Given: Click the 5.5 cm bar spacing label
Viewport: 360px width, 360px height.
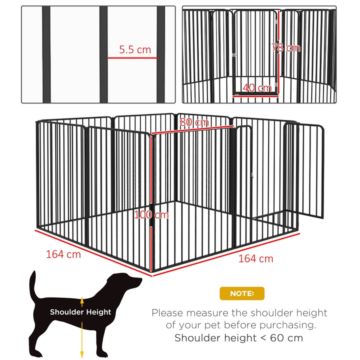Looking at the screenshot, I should (135, 49).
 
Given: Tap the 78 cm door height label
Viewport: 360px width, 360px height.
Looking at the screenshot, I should (286, 48).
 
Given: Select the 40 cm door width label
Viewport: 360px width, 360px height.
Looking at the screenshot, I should (257, 88).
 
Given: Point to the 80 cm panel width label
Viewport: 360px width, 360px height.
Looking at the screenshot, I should (194, 122).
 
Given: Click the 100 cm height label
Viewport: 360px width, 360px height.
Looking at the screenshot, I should (151, 215).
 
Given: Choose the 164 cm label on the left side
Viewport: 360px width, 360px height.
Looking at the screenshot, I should (63, 254).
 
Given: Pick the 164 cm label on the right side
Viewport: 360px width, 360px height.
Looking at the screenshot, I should (256, 259).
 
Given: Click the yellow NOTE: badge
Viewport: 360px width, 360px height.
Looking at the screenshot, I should (242, 293).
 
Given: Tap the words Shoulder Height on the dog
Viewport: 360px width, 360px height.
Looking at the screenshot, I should (80, 312).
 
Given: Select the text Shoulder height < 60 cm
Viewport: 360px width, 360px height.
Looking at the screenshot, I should (239, 338).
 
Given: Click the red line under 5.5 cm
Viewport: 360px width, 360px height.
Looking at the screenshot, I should (132, 58).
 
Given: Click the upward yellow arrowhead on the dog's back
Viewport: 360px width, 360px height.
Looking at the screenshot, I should (82, 298).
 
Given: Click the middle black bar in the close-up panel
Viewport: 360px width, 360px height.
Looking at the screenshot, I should (103, 54).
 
